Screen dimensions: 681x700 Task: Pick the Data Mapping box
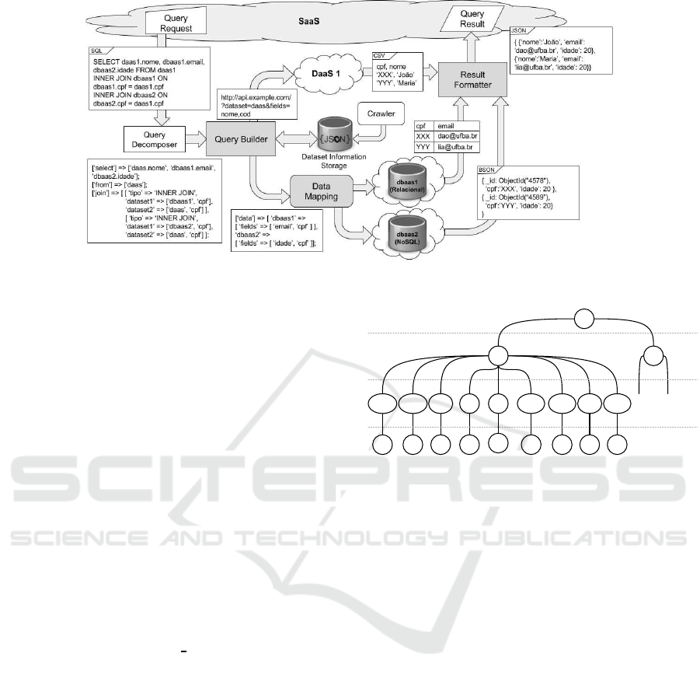(322, 187)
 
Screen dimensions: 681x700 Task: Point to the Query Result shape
(472, 19)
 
